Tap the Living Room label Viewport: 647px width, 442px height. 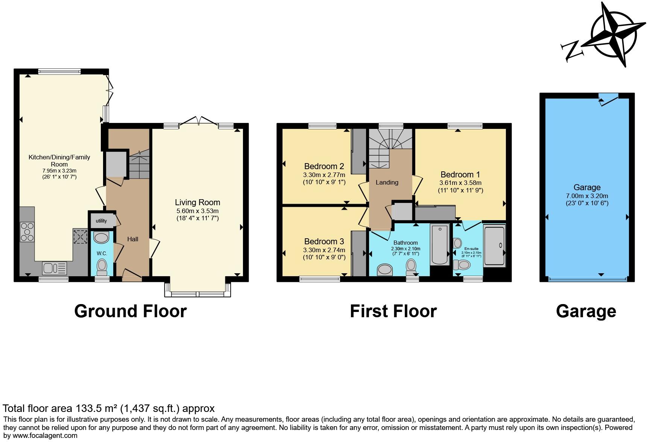(197, 203)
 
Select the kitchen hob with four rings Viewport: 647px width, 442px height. (27, 232)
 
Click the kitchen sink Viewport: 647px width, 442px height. (49, 268)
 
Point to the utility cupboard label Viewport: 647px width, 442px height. (101, 221)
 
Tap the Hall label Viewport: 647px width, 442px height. (132, 239)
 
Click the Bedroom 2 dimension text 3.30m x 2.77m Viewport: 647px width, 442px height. (324, 175)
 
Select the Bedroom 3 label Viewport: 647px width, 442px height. (324, 241)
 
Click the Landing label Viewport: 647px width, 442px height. (387, 182)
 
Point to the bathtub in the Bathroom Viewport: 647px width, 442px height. (439, 244)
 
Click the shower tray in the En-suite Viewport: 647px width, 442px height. (494, 245)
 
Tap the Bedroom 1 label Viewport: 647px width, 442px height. (460, 174)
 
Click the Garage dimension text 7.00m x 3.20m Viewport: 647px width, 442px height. (587, 196)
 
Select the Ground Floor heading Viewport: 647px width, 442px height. (130, 311)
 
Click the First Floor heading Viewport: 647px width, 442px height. (393, 311)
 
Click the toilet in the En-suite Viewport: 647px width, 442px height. (462, 265)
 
